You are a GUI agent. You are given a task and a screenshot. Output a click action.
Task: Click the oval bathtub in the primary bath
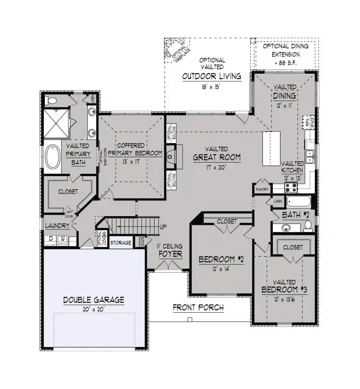coord(53,157)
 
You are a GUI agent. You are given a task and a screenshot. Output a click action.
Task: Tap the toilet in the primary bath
coord(51,101)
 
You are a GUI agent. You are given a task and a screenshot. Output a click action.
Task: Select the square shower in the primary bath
coord(56,123)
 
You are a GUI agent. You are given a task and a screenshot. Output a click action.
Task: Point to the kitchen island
coord(271,148)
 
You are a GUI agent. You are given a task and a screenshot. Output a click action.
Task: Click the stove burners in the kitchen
coord(291,188)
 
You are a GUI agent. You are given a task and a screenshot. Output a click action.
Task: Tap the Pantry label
coord(262,189)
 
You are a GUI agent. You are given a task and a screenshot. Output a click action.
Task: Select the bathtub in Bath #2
coord(299,201)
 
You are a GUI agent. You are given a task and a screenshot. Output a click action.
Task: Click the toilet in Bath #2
coord(308,226)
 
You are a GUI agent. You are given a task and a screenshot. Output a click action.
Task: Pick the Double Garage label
coord(94,300)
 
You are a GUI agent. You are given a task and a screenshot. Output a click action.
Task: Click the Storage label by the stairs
coord(120,243)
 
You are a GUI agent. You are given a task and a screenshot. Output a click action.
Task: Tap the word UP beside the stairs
coord(163,227)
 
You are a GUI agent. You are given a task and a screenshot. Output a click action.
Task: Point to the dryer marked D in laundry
coord(51,239)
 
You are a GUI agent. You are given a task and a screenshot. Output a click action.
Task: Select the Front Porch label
coord(198,308)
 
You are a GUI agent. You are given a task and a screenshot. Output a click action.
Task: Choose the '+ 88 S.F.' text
coord(285,63)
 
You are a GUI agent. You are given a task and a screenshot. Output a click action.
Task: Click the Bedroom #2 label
coord(221,259)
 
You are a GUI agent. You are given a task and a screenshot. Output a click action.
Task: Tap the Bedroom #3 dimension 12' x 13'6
coord(284,299)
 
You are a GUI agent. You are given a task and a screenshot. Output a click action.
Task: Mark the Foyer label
coord(170,254)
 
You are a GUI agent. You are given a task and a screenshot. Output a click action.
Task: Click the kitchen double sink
coord(310,157)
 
